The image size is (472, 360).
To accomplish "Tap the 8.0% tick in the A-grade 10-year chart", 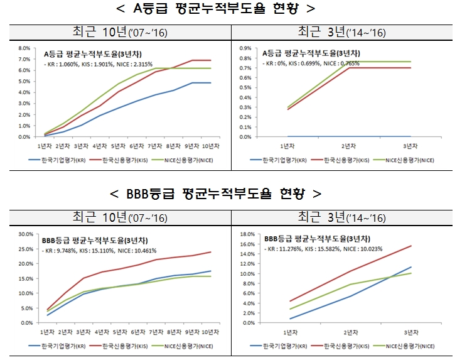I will [x=24, y=48].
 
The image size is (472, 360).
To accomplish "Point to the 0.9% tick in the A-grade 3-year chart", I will [x=245, y=48].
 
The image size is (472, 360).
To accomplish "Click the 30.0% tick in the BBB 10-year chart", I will [x=24, y=234].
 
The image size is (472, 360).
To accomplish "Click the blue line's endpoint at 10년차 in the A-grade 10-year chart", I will [x=210, y=83].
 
